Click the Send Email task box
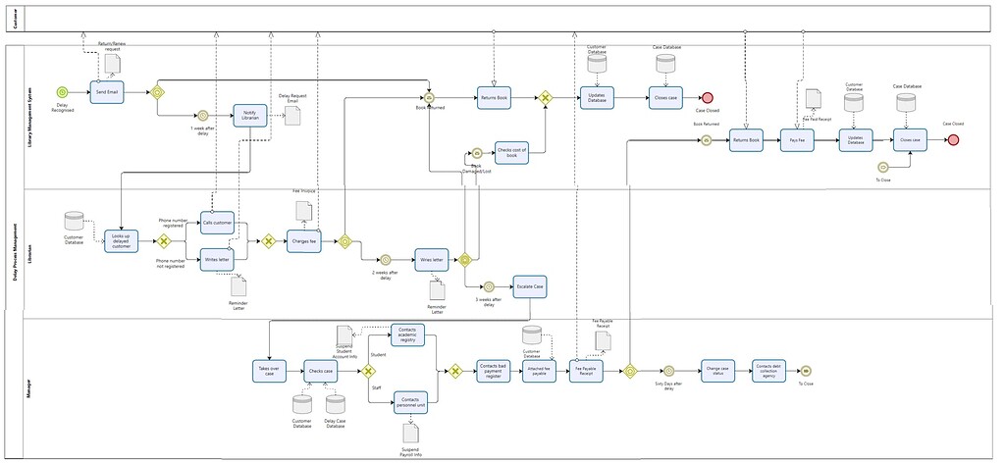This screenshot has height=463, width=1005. [x=106, y=91]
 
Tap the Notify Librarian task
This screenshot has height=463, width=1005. [x=250, y=116]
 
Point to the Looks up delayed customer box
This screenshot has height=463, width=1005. [x=121, y=240]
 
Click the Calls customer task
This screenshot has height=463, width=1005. [x=217, y=223]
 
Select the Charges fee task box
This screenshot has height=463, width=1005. [x=303, y=241]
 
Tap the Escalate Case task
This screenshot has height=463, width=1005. [x=530, y=286]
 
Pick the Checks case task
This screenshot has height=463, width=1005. [x=320, y=371]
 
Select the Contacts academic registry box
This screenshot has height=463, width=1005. [x=408, y=335]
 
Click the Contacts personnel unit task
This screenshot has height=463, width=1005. [x=410, y=402]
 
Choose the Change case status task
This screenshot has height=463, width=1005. [x=717, y=370]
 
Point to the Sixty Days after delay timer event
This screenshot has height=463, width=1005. [x=668, y=371]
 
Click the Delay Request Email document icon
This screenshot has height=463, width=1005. [x=291, y=115]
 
